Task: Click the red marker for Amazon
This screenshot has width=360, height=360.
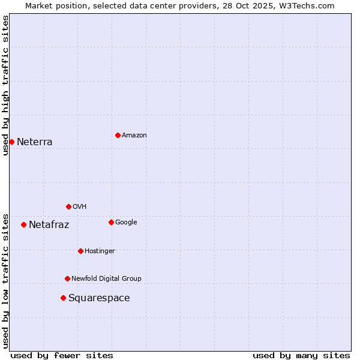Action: [118, 135]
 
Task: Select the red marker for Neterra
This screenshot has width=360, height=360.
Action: [11, 142]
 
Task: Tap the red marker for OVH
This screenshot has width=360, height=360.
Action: [68, 206]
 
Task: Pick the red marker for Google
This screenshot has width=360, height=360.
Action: [111, 222]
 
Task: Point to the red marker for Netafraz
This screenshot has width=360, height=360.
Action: [23, 224]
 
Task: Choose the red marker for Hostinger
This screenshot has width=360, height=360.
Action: [80, 251]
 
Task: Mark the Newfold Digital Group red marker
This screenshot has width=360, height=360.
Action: [67, 278]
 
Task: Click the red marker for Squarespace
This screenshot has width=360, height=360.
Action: [63, 298]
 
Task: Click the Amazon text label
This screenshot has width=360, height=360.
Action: [134, 136]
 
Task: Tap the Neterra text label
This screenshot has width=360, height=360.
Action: [35, 142]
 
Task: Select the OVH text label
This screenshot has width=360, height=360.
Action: [80, 207]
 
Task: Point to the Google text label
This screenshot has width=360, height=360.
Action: [126, 223]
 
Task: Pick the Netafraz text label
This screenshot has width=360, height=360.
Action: [49, 225]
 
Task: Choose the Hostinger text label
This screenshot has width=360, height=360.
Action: [100, 251]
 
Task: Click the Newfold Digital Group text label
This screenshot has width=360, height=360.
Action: [106, 279]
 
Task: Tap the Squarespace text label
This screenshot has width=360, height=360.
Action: [99, 298]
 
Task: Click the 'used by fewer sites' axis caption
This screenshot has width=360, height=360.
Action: [62, 356]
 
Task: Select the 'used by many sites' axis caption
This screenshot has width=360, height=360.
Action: [301, 356]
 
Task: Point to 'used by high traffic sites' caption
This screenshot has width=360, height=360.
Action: [5, 85]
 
